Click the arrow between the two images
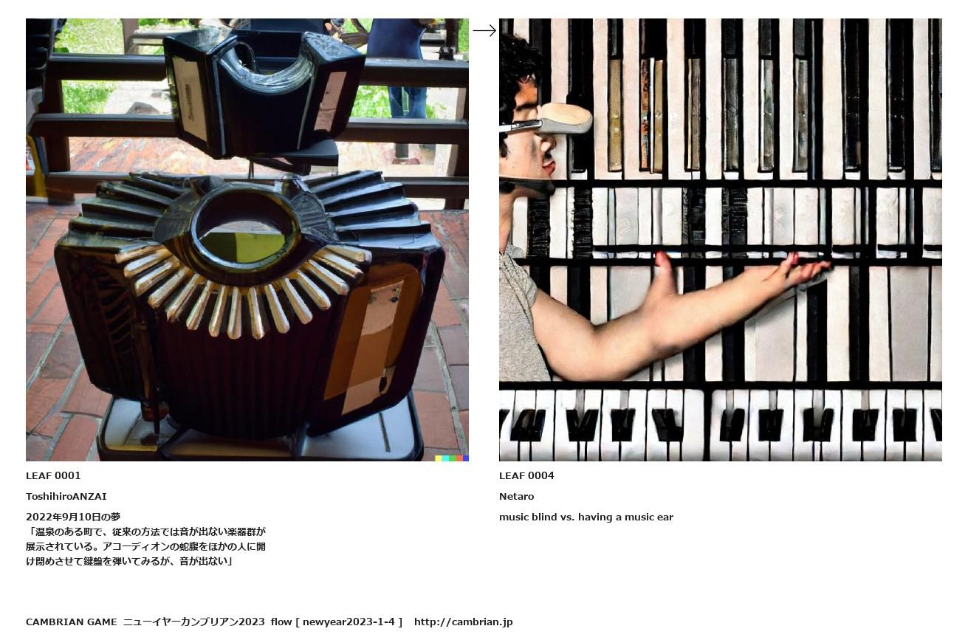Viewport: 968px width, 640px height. coord(484,31)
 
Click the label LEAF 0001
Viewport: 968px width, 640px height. coord(53,476)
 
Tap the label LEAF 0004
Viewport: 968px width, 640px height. coord(526,476)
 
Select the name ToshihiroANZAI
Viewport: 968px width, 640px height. coord(66,497)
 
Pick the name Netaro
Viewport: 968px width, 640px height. coord(516,497)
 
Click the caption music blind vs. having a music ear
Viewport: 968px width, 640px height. coord(586,517)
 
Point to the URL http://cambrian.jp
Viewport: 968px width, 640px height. coord(463,622)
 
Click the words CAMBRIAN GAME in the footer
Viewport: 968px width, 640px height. coord(72,622)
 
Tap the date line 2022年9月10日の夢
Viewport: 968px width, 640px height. coord(73,517)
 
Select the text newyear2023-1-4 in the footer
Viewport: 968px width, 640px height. coord(349,622)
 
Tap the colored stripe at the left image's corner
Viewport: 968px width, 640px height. coord(452,458)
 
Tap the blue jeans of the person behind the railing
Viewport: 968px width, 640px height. coord(407,102)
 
